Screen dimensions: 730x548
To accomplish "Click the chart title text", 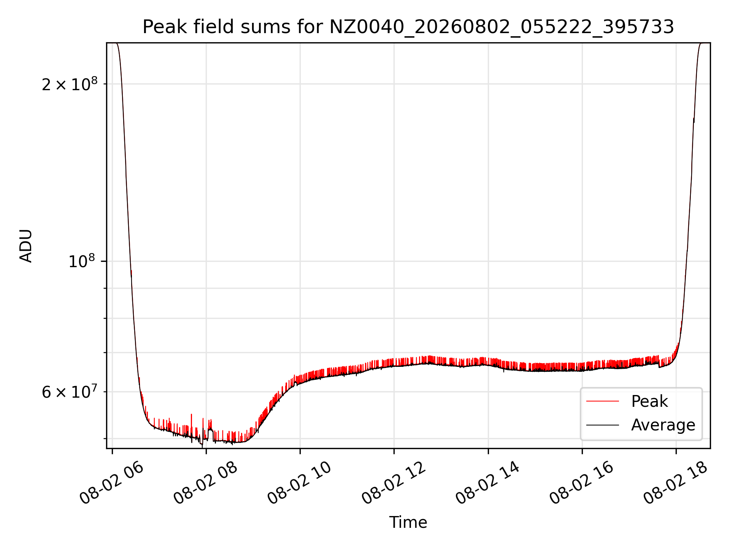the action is [408, 27].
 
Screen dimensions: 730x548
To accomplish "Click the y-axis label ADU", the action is [26, 246].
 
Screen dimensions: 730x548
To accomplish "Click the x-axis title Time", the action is [408, 523].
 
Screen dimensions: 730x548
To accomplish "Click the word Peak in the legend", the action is [649, 401].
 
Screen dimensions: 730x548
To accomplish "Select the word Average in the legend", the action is [663, 425].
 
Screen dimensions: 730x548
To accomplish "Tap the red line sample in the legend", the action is [603, 401].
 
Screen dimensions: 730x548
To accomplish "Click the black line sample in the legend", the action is [603, 425].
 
